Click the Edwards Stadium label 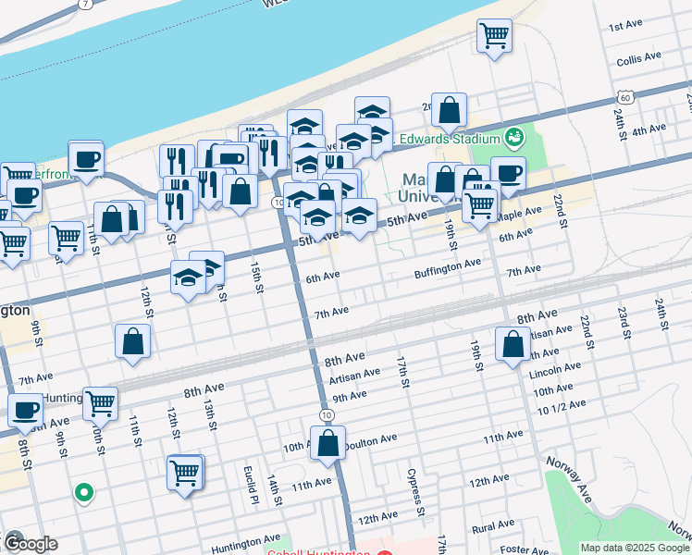click(x=450, y=140)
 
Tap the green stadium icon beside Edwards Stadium click(x=515, y=139)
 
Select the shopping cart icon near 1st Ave click(x=495, y=36)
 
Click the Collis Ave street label click(x=639, y=56)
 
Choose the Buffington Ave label click(x=448, y=264)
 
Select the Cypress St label click(x=414, y=493)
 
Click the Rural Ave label click(x=492, y=529)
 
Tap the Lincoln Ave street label click(x=555, y=371)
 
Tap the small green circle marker click(x=83, y=493)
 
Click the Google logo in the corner click(x=30, y=544)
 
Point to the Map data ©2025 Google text click(x=634, y=548)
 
